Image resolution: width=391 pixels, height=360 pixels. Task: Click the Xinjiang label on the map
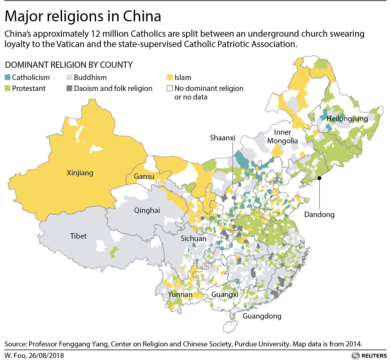click(80, 173)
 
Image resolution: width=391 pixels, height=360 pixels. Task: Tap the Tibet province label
click(78, 236)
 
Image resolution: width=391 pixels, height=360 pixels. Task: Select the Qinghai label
click(147, 210)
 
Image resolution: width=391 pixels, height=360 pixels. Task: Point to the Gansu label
click(144, 176)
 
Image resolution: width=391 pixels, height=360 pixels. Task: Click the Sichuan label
click(193, 238)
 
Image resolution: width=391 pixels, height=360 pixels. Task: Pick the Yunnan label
click(180, 295)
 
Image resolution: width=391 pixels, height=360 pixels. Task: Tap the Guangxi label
click(225, 295)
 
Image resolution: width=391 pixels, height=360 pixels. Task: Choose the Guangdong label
click(262, 316)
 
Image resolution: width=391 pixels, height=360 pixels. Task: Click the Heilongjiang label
click(347, 119)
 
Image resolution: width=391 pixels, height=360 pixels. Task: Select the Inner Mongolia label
click(282, 136)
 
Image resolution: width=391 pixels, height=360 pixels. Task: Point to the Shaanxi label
click(222, 138)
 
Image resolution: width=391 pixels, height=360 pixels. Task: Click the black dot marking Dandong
click(319, 178)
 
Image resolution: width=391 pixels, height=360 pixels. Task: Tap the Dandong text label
click(319, 214)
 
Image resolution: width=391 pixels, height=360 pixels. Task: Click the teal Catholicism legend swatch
click(8, 78)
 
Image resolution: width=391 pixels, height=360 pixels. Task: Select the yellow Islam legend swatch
click(170, 78)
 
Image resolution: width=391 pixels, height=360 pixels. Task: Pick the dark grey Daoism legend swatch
click(69, 88)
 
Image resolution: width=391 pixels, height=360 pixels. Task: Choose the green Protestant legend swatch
click(8, 88)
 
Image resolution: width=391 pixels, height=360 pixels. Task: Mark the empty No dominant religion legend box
click(170, 88)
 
